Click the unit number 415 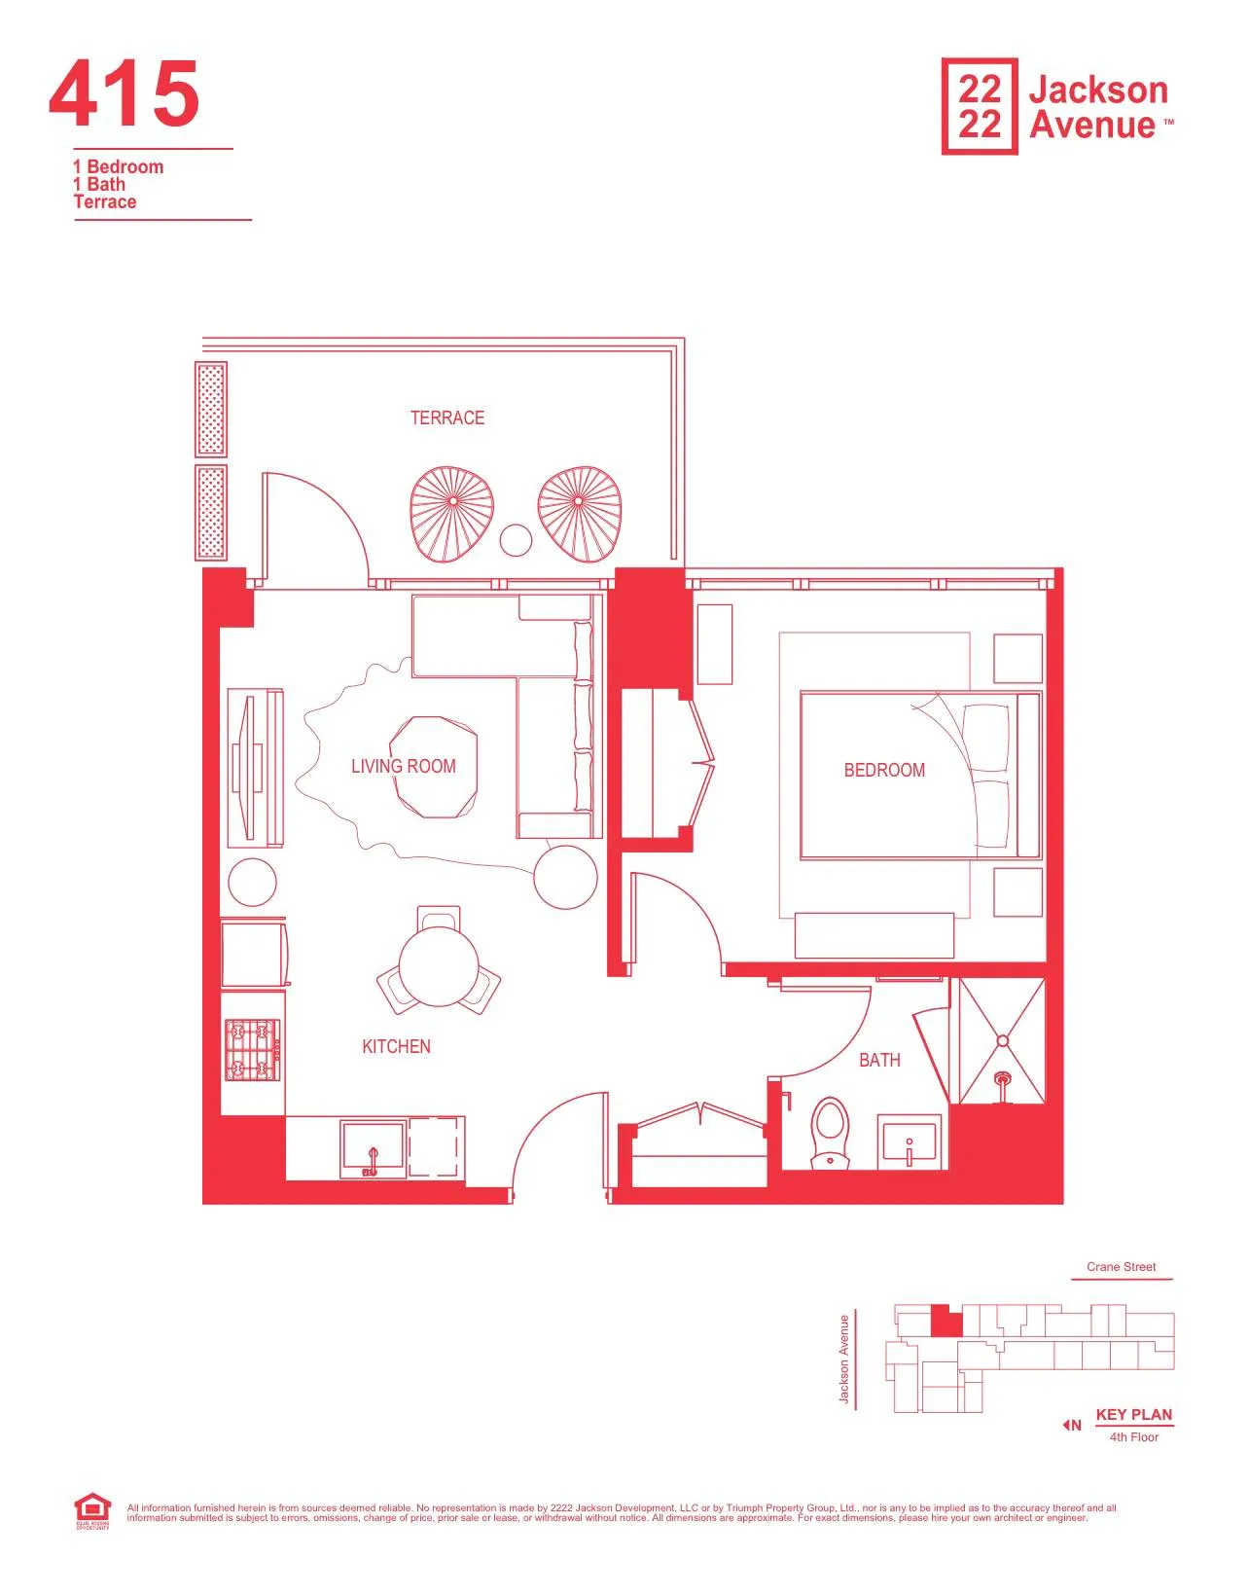pos(124,94)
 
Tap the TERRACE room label pos(446,418)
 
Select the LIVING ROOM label pos(403,767)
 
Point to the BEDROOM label pos(883,770)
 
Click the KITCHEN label pos(396,1047)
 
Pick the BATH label pos(879,1061)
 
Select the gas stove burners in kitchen pos(252,1049)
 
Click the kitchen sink pos(373,1148)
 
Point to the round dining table pos(439,966)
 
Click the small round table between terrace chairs pos(516,540)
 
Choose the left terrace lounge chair pos(451,514)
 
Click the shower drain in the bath pos(1002,1041)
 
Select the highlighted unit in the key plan pos(945,1321)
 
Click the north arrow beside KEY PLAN pos(1071,1425)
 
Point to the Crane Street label pos(1121,1267)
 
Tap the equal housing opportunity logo pos(92,1511)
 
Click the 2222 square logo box pos(979,106)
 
